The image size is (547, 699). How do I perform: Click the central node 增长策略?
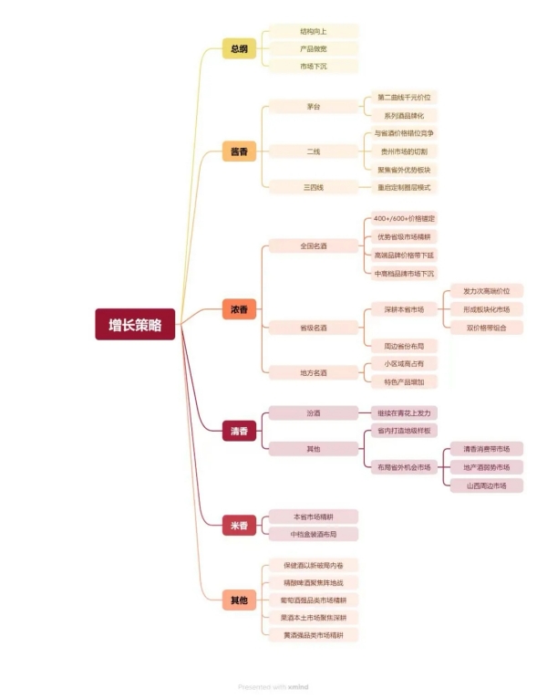click(x=135, y=325)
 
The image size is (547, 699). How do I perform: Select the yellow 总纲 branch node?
click(x=239, y=49)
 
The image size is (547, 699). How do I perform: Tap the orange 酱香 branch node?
click(x=239, y=151)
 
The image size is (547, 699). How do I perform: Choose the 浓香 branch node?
click(x=239, y=310)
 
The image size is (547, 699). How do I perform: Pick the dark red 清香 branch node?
click(x=239, y=430)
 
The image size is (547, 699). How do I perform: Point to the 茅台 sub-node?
click(x=314, y=107)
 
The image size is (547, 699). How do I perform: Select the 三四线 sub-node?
click(x=314, y=187)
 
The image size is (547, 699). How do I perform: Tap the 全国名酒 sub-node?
click(x=314, y=246)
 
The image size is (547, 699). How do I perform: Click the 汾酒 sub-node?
click(x=314, y=413)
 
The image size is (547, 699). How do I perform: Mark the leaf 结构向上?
click(x=314, y=31)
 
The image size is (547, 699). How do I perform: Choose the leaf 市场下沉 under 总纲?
click(x=314, y=67)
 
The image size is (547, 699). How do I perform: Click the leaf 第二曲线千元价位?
click(x=404, y=98)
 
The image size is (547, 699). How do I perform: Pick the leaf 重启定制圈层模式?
click(x=404, y=187)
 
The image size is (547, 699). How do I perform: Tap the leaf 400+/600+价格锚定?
click(x=404, y=219)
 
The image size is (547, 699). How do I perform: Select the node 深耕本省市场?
click(x=404, y=309)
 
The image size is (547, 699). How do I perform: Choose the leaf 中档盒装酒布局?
click(x=314, y=534)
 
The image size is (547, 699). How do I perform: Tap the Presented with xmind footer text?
click(x=273, y=687)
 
